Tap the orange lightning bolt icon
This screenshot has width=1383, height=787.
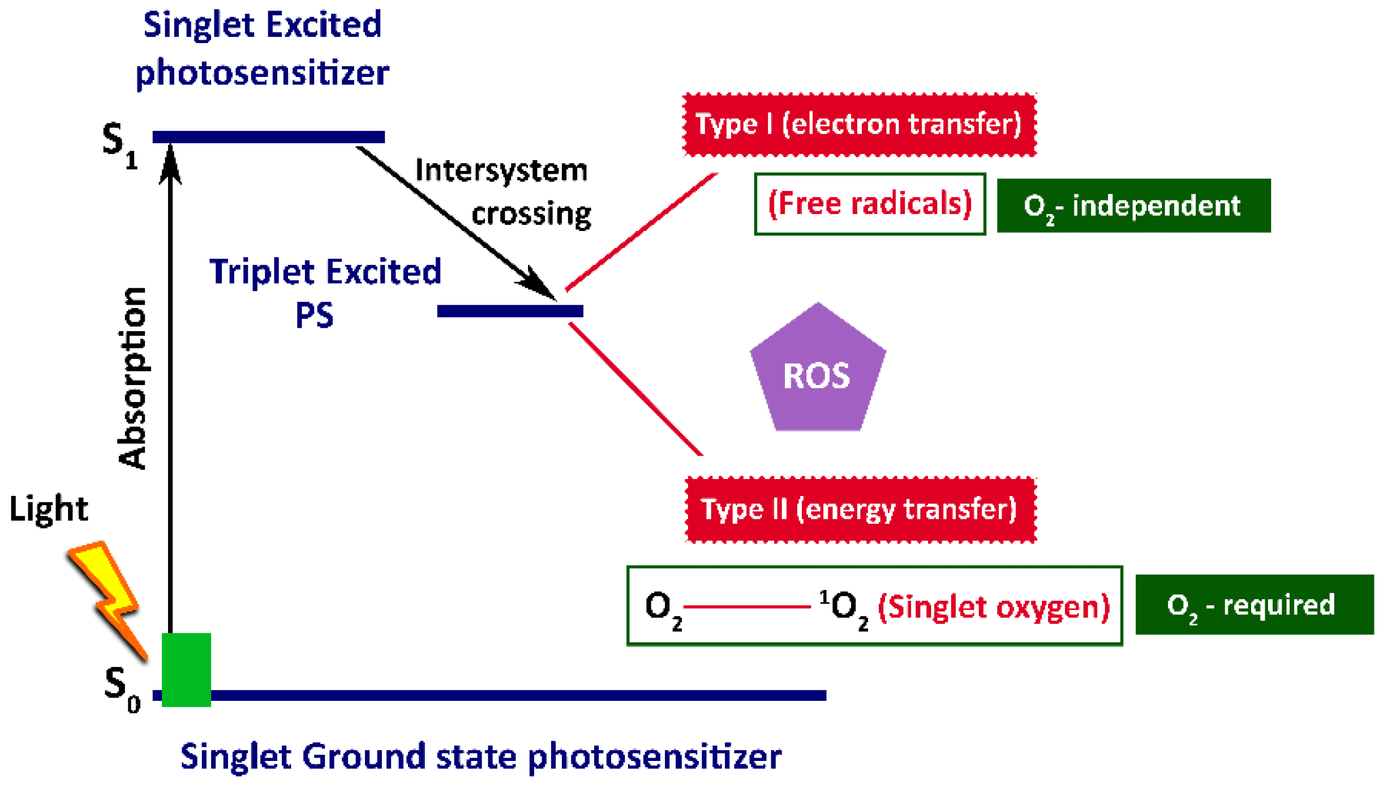coord(107,600)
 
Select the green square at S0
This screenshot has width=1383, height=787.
coord(186,670)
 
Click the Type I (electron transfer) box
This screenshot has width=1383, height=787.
coord(860,125)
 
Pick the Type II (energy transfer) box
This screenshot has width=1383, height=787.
coord(861,510)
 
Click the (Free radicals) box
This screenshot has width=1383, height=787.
coord(870,204)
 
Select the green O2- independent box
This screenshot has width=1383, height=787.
coord(1133,206)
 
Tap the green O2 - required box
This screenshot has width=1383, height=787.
coord(1255,605)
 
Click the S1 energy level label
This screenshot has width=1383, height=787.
coord(121,146)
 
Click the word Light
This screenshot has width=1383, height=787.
coord(49,509)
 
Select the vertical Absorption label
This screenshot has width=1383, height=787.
coord(134,378)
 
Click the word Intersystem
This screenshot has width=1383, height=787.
coord(501,170)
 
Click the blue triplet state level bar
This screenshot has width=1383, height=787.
coord(510,311)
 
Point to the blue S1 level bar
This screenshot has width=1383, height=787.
coord(269,137)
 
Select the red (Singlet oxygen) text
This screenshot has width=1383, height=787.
coord(994,607)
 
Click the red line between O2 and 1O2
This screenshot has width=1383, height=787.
coord(747,607)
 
